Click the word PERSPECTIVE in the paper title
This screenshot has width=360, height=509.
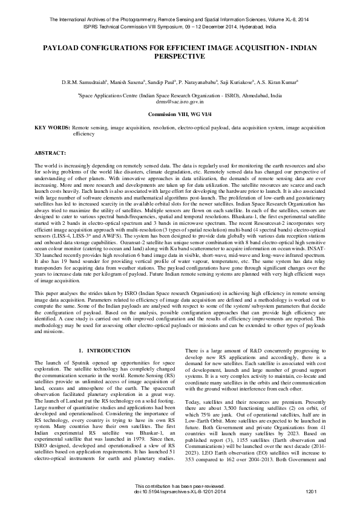pos(180,56)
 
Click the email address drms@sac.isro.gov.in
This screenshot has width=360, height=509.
pos(180,103)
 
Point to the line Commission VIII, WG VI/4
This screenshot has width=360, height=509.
pos(180,114)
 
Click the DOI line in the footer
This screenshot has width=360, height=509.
pos(180,493)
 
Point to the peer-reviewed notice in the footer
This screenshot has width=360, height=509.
pos(180,487)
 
